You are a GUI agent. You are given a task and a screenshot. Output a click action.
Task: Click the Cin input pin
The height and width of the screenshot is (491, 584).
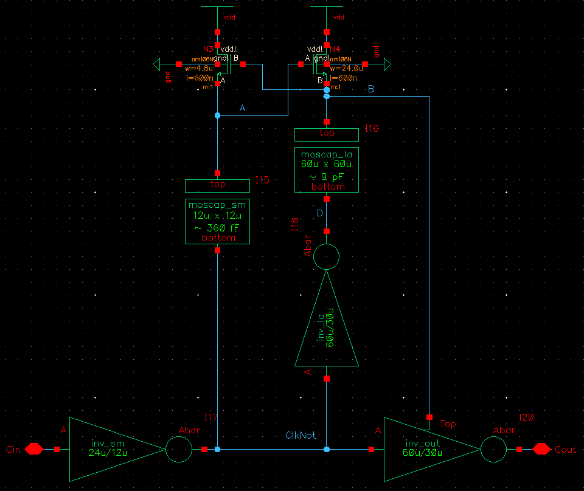coord(33,449)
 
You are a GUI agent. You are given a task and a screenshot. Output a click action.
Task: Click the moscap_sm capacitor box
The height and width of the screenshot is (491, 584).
coord(217,221)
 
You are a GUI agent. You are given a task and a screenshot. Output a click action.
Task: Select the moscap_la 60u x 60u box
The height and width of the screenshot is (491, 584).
coord(326,170)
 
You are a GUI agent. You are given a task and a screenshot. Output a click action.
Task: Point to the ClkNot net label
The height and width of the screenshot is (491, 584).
coord(301,436)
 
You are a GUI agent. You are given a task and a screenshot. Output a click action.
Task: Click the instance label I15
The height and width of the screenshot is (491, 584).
coord(262,180)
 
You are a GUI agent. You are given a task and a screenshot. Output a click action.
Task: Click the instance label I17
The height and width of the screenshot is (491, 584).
coord(211,417)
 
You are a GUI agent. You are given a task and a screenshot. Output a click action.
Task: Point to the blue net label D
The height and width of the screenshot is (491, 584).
coord(320,214)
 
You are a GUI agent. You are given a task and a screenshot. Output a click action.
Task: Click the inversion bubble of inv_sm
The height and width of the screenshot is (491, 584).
coord(178,450)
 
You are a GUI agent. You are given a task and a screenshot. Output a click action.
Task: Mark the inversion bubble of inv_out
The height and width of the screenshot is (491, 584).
coord(493,450)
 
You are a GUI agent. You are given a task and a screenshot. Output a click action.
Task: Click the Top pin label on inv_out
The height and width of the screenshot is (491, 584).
coord(448,424)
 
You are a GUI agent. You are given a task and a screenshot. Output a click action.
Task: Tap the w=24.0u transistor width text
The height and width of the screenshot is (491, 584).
coord(346,69)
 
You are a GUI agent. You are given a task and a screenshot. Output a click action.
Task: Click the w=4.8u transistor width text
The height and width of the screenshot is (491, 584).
coord(198,69)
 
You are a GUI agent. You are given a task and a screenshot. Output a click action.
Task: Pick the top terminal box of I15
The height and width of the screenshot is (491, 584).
coord(217,185)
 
